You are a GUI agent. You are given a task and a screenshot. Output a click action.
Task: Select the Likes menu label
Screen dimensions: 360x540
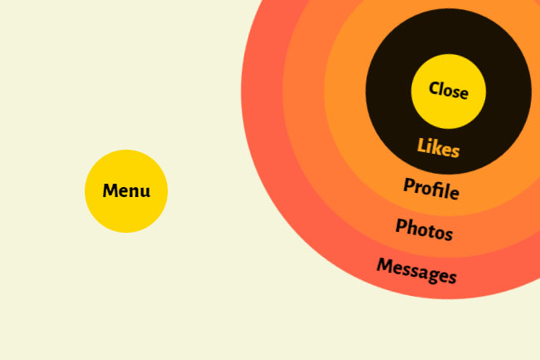[438, 148]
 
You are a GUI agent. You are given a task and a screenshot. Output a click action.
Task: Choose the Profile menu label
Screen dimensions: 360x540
[431, 189]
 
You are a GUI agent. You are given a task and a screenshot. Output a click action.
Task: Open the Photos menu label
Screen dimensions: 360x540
[424, 229]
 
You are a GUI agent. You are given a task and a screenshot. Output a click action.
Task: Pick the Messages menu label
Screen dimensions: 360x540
[416, 270]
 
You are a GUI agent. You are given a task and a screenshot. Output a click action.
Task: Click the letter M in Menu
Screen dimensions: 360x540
[110, 191]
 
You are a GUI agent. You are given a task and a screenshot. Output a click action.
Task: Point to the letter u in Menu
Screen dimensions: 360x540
[145, 192]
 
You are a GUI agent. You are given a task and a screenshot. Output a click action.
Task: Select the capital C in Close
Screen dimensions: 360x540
[434, 88]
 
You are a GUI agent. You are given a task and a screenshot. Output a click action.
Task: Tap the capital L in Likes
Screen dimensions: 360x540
[421, 145]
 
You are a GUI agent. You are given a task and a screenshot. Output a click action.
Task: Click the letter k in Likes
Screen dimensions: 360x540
[438, 148]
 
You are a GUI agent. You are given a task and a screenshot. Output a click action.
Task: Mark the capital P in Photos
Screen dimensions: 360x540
[401, 225]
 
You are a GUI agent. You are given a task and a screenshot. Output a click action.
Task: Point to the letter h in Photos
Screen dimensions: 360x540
[413, 227]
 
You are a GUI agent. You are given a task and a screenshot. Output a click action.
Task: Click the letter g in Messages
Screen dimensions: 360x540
[436, 275]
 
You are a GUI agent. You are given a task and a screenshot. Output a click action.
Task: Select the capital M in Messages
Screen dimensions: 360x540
[385, 265]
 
